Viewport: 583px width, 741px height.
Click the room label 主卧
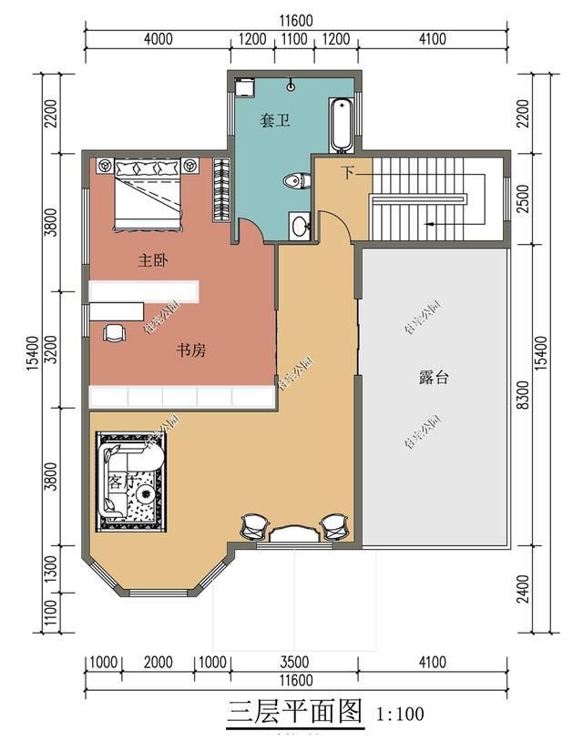[152, 260]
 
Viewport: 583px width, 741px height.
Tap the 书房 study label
[190, 350]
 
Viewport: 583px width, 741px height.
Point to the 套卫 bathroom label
[276, 120]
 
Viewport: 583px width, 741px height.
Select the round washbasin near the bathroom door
[300, 224]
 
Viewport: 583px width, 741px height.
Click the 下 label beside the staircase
[347, 172]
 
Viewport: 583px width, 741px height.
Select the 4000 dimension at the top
[158, 39]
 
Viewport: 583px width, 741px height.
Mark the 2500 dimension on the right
[522, 198]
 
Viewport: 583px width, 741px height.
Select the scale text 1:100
[399, 714]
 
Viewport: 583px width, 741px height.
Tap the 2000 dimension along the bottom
[158, 663]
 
